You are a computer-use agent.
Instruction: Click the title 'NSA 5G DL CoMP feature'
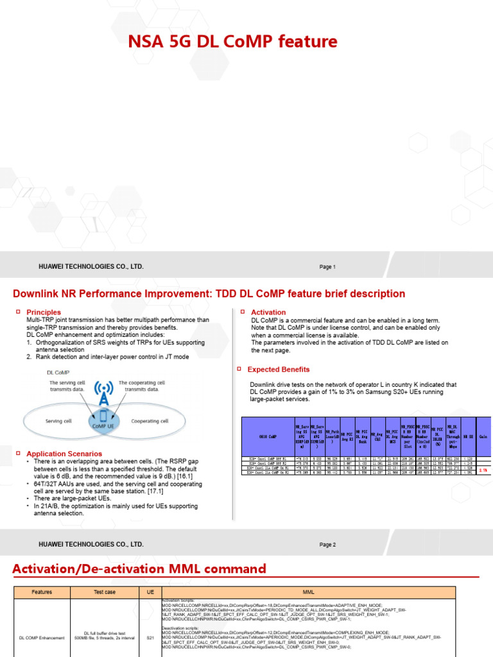(233, 42)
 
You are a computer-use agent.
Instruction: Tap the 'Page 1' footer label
(327, 267)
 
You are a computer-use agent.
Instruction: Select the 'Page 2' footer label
(327, 545)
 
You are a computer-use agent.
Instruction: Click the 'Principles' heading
(44, 312)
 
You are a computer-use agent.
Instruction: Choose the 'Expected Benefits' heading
(278, 370)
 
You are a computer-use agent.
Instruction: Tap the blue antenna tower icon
(103, 395)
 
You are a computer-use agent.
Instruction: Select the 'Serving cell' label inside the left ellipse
(62, 422)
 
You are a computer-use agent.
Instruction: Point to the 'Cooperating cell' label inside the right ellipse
(150, 422)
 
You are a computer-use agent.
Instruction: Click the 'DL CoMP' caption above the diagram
(59, 372)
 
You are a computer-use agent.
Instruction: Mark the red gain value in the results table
(483, 470)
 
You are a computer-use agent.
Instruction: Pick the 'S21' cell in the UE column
(150, 638)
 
